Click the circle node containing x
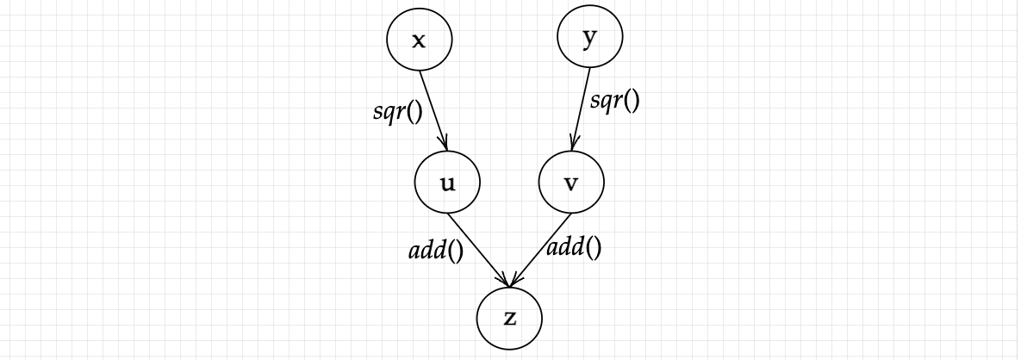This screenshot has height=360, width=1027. point(419,40)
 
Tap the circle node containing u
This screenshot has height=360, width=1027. point(447,183)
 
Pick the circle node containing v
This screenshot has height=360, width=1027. point(570,183)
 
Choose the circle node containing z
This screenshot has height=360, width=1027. point(509,318)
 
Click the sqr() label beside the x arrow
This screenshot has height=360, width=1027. point(397,113)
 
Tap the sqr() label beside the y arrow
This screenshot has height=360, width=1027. point(615,100)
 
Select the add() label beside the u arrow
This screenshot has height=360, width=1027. point(435,251)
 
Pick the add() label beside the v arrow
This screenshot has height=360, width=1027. point(575,248)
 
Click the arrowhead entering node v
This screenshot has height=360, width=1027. point(574,146)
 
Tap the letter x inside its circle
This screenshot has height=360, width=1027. point(419,40)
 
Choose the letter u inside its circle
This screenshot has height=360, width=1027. point(448,183)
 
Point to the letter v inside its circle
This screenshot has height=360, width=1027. point(570,183)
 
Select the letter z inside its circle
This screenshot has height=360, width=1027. point(509,319)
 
